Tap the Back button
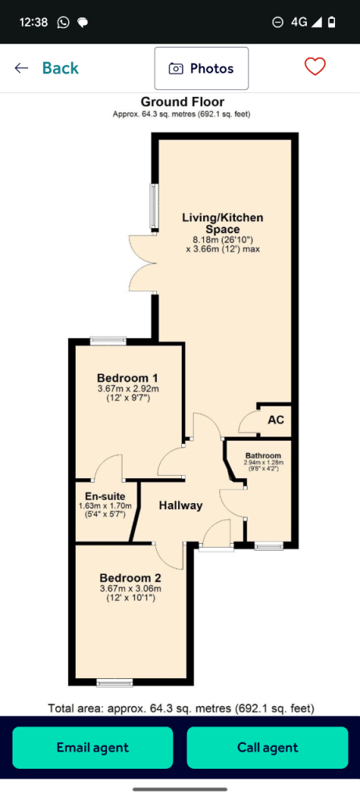click(46, 68)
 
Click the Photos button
click(201, 69)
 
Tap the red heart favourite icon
click(315, 67)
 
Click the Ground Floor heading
click(182, 102)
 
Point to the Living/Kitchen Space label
click(223, 223)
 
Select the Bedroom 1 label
click(127, 378)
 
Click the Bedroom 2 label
click(130, 578)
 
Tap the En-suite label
click(105, 496)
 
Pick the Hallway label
click(180, 505)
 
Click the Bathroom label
click(263, 455)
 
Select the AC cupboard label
click(276, 420)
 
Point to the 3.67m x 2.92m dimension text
click(125, 389)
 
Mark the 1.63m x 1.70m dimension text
click(105, 506)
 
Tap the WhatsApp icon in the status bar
click(63, 22)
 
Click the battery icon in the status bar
click(332, 22)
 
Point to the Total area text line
click(181, 709)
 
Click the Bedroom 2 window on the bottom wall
click(115, 683)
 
